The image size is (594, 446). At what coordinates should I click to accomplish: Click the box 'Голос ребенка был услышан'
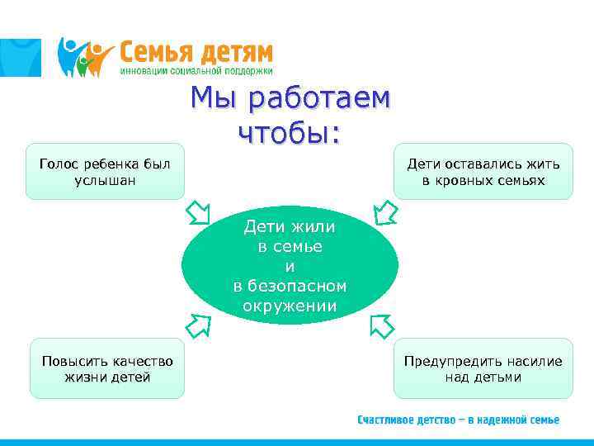(x=105, y=172)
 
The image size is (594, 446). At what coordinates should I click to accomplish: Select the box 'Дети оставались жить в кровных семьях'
(x=483, y=172)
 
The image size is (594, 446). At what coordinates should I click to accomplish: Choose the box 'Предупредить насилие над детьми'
(x=483, y=368)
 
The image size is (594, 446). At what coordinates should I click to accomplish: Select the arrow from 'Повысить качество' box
(x=197, y=325)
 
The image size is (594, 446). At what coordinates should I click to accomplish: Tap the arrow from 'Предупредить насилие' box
(x=381, y=325)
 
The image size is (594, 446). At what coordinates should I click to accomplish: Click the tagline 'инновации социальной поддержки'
(x=196, y=72)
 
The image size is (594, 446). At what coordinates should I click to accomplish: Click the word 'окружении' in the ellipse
(x=290, y=306)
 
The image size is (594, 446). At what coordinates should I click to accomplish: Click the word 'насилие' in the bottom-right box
(x=531, y=361)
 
